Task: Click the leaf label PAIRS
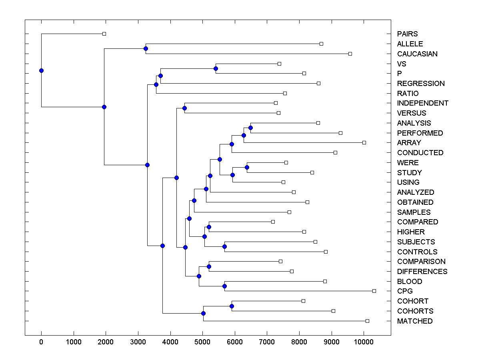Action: [407, 34]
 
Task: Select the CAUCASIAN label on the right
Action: [417, 54]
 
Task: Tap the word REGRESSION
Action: [421, 84]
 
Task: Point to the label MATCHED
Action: [415, 321]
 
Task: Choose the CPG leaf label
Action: [405, 291]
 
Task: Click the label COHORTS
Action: [415, 311]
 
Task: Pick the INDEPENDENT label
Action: [423, 103]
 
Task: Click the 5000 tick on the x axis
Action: [203, 342]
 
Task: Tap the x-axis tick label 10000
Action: [364, 342]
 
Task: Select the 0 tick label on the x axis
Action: [41, 342]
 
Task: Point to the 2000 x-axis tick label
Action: [106, 342]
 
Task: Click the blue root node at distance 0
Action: [41, 70]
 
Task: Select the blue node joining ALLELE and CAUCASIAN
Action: [146, 49]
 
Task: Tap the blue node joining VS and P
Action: [216, 68]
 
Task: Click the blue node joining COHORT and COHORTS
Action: [232, 306]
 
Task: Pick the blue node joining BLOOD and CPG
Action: [224, 286]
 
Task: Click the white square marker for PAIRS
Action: [104, 34]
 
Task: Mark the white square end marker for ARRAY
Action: [364, 142]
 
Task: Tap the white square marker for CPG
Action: [374, 291]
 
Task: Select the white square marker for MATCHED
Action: [367, 321]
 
